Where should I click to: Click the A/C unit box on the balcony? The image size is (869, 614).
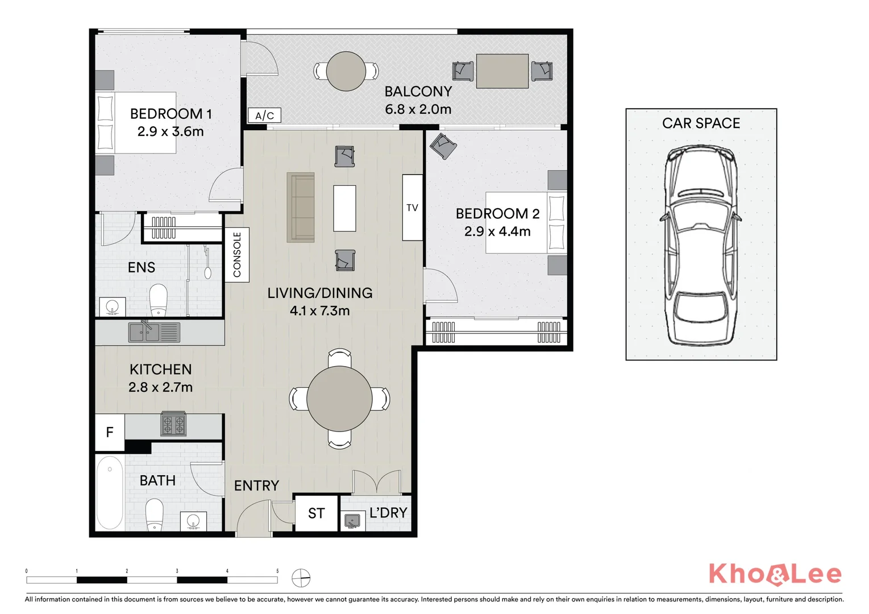point(264,115)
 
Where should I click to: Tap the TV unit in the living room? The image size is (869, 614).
point(412,208)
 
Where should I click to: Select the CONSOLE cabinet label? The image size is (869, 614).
point(237,255)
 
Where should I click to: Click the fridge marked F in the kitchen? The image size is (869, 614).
point(110,433)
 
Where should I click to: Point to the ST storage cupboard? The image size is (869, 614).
point(316,513)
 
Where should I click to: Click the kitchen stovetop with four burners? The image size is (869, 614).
point(173,424)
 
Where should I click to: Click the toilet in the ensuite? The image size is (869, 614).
point(159,300)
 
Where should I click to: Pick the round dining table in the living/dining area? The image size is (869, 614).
point(339,399)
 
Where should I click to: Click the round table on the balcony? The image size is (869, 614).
point(346,71)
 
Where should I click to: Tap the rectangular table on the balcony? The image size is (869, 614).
point(502,71)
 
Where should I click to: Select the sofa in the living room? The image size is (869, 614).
point(301,208)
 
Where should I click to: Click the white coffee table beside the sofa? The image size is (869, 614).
point(344,208)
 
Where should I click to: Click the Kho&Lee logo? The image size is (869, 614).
point(775,574)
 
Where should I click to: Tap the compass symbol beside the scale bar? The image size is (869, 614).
point(301,578)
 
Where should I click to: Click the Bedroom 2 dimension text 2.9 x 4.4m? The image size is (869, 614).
point(497,231)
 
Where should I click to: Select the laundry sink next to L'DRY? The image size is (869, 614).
point(352,521)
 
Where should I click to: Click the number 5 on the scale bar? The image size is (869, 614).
point(277,571)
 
